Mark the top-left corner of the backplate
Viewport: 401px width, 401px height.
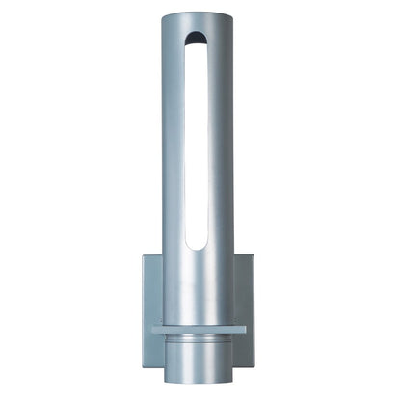pyautogui.click(x=144, y=254)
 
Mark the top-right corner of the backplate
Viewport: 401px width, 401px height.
pyautogui.click(x=257, y=254)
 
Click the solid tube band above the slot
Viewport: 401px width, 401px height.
pyautogui.click(x=200, y=24)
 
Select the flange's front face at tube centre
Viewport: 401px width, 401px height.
pyautogui.click(x=200, y=333)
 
